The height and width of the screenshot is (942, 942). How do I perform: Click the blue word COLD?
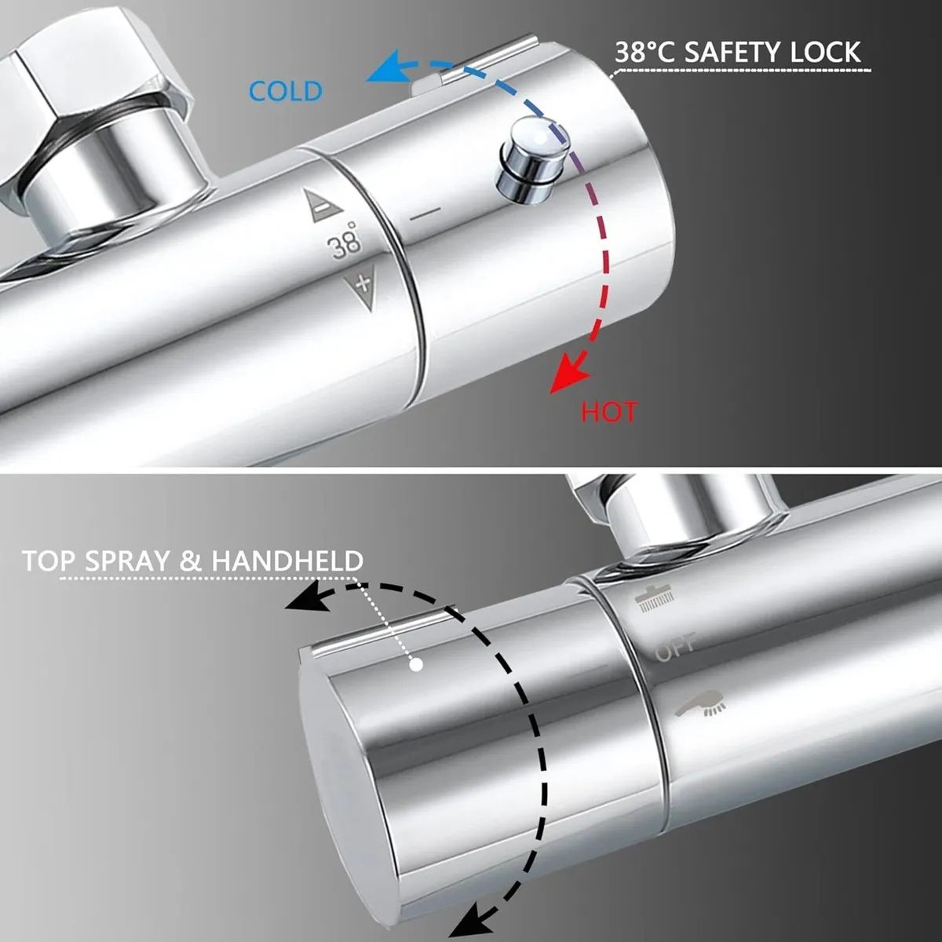(x=286, y=91)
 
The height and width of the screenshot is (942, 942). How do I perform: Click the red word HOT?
(x=609, y=411)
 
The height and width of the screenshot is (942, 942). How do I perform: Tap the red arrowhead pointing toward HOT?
(x=568, y=375)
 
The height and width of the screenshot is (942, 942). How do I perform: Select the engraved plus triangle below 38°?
(x=362, y=283)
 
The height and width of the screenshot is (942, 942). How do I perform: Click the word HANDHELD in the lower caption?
(x=287, y=561)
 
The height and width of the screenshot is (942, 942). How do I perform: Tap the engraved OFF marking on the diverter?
(x=675, y=648)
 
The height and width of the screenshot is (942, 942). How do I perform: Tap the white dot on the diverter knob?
(x=417, y=665)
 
